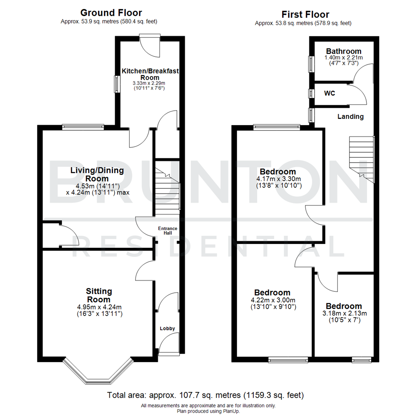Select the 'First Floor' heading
point(305,15)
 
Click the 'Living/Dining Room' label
point(97,175)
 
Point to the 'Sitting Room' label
point(99,295)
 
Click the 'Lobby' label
point(168,329)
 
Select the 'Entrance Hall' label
point(168,231)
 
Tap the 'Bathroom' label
point(344,51)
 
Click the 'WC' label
point(330,93)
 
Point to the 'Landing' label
point(350,117)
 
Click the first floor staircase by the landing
point(362,158)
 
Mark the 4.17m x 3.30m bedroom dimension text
point(278,182)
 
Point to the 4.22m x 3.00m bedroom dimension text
point(272,303)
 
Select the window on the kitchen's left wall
point(116,84)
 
